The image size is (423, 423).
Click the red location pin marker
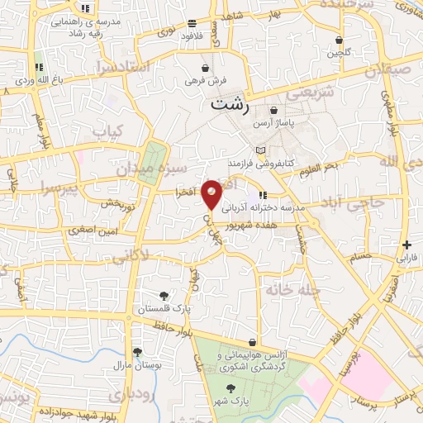(x=212, y=194)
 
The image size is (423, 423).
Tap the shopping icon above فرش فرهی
(x=204, y=67)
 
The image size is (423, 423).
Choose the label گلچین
(x=339, y=52)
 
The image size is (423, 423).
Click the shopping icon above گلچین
(x=339, y=40)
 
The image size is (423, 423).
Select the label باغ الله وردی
(x=39, y=81)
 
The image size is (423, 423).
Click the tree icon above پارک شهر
(x=232, y=388)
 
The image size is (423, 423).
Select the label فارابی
(x=408, y=257)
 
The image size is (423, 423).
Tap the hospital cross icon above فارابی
(x=406, y=245)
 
